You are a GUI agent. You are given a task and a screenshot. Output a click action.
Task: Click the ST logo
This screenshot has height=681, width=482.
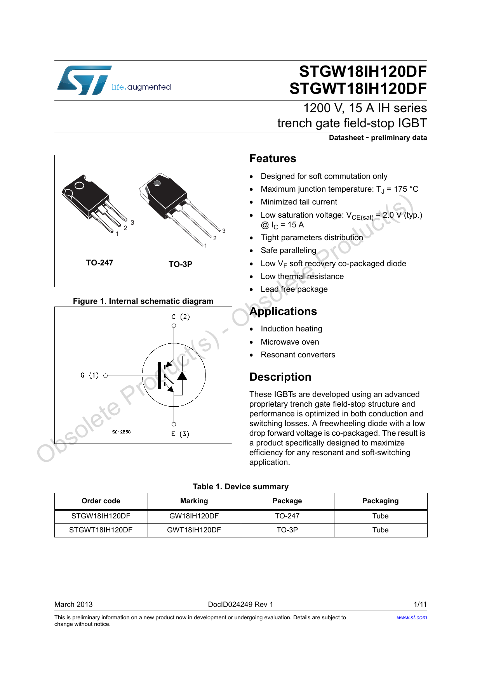click(84, 80)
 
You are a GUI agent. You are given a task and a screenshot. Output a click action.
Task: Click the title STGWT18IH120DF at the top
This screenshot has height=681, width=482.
click(358, 89)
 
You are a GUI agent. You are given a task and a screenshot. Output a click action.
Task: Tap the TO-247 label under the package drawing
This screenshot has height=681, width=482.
click(99, 263)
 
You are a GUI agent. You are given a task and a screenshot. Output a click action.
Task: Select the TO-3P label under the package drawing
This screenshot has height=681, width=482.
click(180, 264)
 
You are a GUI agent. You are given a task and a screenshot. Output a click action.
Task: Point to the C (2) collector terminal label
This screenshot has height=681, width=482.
click(181, 317)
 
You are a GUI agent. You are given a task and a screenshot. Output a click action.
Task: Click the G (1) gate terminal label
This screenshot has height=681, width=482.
click(90, 375)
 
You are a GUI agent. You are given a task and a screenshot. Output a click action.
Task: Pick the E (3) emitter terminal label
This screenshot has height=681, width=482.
click(180, 434)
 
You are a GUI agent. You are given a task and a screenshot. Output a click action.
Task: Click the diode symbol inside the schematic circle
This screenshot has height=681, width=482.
click(182, 376)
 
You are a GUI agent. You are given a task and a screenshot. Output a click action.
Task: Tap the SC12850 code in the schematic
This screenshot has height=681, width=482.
click(121, 432)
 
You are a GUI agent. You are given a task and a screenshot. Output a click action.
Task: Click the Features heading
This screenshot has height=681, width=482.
click(273, 159)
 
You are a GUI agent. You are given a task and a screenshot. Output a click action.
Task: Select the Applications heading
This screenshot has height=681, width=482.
click(283, 312)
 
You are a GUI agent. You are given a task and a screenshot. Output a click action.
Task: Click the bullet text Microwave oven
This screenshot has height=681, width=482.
click(290, 342)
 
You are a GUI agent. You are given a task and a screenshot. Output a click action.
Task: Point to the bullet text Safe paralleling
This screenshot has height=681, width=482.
click(289, 250)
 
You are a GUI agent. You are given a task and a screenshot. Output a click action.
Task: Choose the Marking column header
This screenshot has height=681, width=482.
click(194, 501)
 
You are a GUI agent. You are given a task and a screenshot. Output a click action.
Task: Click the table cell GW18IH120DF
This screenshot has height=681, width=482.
click(194, 516)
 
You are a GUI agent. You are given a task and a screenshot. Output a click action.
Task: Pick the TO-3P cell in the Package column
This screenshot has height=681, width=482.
click(287, 530)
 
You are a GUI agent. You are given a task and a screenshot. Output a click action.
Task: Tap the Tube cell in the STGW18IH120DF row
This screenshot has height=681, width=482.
click(380, 516)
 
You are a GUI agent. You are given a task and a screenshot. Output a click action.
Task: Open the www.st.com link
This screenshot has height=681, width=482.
click(412, 617)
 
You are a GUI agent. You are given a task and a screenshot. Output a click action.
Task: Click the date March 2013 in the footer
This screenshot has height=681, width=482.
click(73, 604)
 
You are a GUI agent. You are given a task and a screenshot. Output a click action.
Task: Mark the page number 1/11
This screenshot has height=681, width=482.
click(420, 604)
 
